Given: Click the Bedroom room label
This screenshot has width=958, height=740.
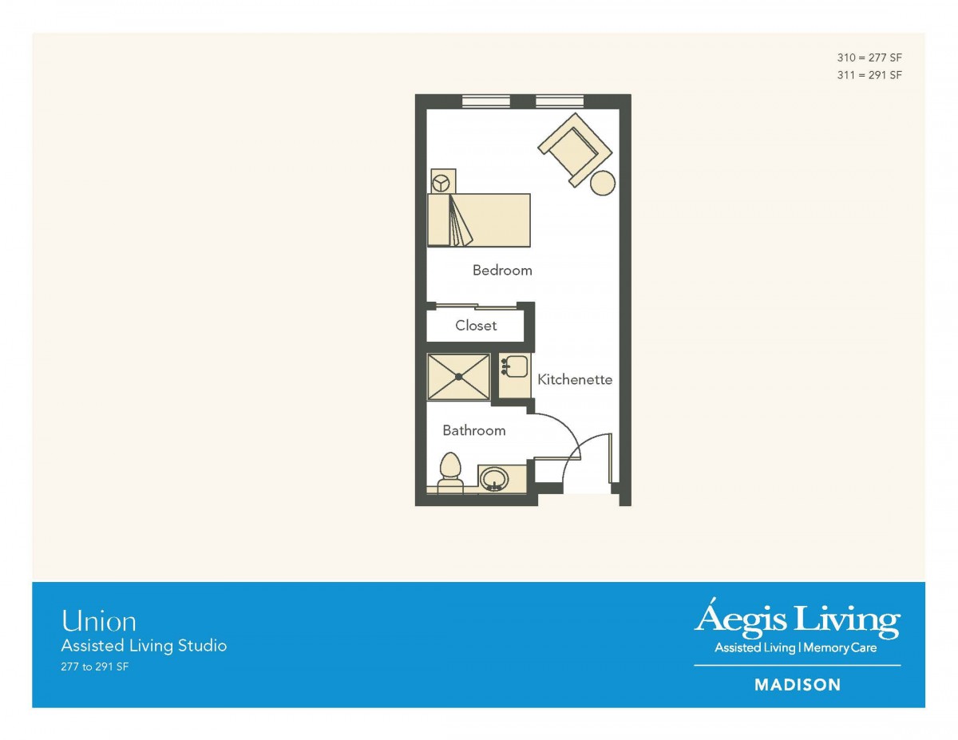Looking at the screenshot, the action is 502,270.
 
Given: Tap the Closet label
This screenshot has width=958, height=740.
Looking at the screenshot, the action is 476,325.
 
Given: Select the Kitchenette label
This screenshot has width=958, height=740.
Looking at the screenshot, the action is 575,379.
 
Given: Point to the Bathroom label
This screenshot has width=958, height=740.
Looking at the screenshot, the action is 474,430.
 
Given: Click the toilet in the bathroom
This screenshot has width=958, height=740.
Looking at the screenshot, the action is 450,474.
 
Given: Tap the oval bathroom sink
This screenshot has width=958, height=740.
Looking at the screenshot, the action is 493,479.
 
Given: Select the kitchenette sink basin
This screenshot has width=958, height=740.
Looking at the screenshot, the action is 517,366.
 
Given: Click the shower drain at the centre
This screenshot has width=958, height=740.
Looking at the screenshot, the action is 458,377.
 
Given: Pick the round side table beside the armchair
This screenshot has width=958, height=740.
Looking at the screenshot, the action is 602,183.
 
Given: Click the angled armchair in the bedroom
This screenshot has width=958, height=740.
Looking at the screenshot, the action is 575,149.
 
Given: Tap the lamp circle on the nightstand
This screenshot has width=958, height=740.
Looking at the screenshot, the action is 441,184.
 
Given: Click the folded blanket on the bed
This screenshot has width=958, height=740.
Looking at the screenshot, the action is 461,220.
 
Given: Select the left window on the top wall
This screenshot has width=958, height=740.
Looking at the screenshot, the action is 486,102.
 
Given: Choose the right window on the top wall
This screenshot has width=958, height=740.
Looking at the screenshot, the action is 560,102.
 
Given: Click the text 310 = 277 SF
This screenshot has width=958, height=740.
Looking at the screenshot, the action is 869,57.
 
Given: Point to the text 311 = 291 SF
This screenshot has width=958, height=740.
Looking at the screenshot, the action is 869,75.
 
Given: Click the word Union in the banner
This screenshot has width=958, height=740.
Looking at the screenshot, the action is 99,621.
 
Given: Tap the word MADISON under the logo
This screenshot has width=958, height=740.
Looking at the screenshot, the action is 798,685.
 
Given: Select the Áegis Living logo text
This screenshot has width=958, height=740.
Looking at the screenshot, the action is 797,619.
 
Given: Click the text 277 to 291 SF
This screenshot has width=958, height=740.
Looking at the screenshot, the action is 95,667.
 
